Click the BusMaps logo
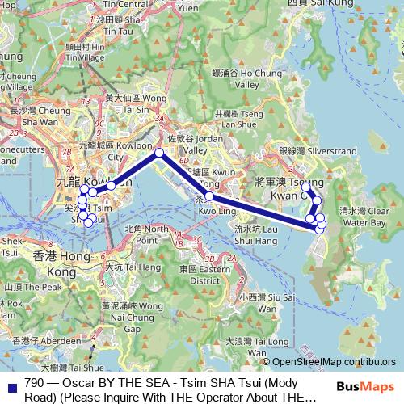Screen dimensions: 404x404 coord(368,387)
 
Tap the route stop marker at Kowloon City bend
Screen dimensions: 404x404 coord(159,153)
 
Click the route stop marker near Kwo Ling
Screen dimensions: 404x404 coord(209,196)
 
